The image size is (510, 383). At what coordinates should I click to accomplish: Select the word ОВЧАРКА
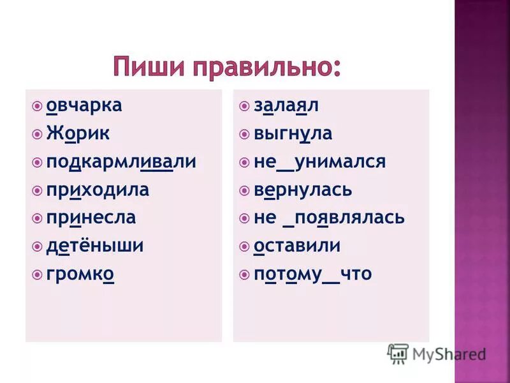click(84, 105)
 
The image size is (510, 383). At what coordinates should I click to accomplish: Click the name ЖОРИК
click(78, 133)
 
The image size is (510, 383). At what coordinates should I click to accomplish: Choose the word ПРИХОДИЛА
click(98, 190)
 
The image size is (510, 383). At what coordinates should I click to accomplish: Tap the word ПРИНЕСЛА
click(91, 218)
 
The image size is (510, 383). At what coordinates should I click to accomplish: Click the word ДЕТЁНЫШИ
click(95, 246)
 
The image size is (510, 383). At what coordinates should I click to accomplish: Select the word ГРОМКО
click(80, 274)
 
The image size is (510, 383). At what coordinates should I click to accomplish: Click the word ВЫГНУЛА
click(293, 133)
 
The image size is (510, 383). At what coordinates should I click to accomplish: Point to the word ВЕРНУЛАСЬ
click(303, 190)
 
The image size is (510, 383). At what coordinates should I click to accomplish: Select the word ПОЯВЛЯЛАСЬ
click(350, 218)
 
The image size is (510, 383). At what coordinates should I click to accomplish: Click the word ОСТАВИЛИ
click(297, 246)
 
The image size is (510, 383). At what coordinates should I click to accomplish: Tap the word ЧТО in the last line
click(356, 274)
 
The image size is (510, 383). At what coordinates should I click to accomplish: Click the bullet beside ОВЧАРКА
click(38, 105)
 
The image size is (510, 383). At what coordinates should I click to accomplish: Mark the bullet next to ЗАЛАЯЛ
click(245, 105)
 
